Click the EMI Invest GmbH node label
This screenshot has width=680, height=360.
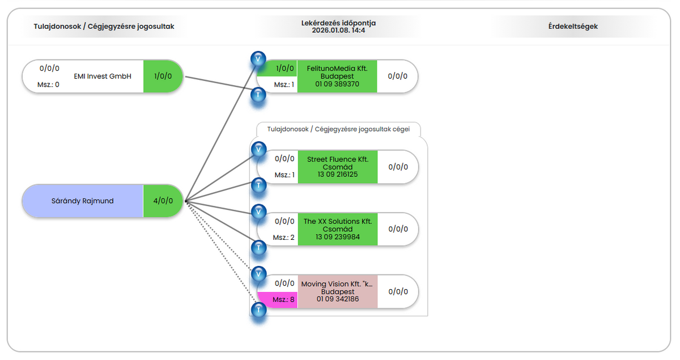coord(103,76)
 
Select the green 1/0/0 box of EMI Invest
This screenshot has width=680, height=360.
coord(163,76)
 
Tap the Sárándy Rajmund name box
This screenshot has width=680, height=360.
coord(83,201)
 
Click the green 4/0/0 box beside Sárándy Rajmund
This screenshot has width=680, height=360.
coord(163,201)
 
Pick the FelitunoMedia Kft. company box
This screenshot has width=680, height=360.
coord(337,76)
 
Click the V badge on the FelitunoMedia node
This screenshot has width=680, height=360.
coord(258,58)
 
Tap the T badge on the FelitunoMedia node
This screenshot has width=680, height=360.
coord(258,95)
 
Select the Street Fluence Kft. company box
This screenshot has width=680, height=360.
coord(338,167)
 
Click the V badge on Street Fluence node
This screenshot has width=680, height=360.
coord(258,150)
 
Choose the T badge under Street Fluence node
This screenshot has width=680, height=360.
coord(258,185)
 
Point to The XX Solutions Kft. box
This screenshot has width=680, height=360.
coord(338,229)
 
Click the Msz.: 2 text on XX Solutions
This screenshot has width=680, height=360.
coord(284,237)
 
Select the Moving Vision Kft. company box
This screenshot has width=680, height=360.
coord(337,291)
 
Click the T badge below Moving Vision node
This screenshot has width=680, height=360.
coord(258,310)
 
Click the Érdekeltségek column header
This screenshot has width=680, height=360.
coord(573,26)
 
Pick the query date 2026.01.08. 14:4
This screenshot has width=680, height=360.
coord(338,30)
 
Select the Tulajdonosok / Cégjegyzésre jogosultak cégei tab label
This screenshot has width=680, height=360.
coord(338,129)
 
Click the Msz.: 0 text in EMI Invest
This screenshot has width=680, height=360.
coord(49,84)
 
